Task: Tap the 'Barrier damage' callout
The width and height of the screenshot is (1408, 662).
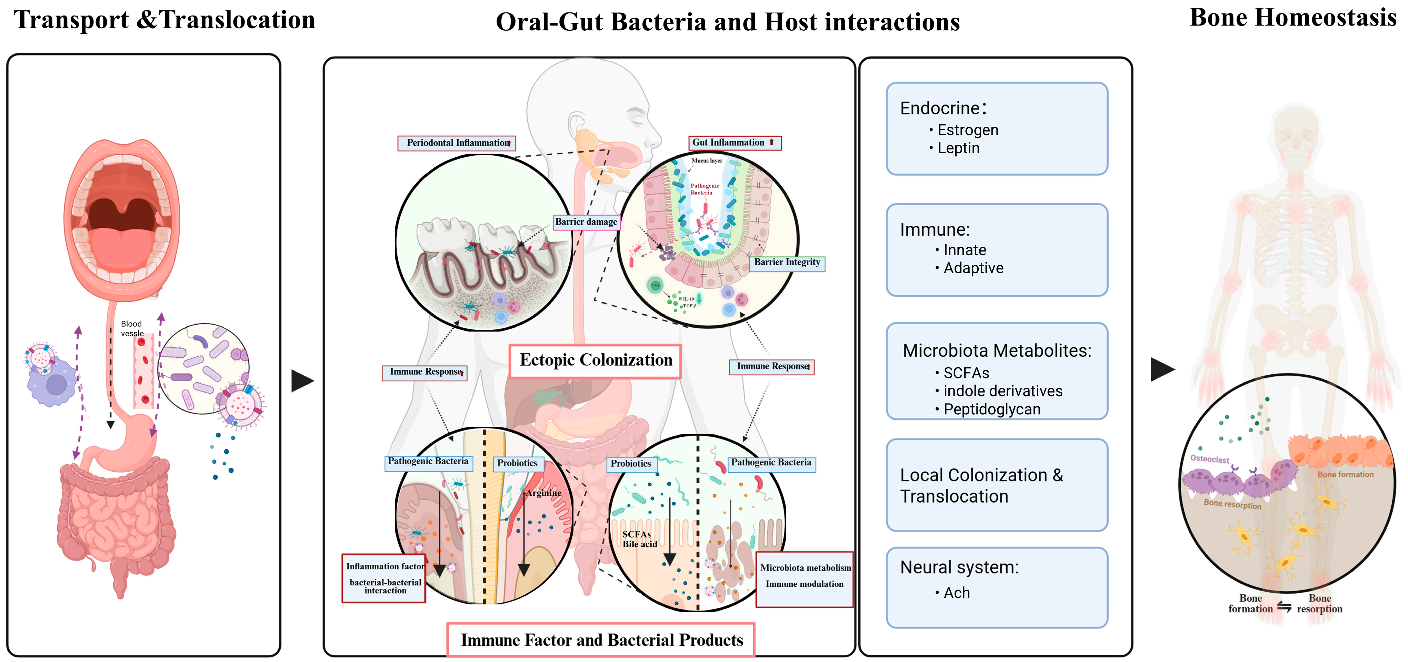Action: point(586,222)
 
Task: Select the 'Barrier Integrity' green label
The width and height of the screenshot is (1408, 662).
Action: point(787,263)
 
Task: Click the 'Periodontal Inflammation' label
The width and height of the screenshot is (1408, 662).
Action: point(457,143)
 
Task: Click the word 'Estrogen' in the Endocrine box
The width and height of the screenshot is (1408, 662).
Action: point(967,130)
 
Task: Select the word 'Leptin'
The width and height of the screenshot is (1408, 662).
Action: point(958,148)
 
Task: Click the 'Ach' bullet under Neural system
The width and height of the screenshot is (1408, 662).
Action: point(957,593)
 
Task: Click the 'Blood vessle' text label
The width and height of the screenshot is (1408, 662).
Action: point(132,328)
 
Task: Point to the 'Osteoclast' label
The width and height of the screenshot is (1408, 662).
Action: point(1210,459)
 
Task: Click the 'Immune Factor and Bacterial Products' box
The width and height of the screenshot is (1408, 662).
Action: point(601,640)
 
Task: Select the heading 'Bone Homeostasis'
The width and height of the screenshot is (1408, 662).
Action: point(1293,18)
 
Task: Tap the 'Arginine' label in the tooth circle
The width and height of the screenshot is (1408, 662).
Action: point(543,493)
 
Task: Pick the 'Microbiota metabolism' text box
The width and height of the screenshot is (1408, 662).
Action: point(805,568)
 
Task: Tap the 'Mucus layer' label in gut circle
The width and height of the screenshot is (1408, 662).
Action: point(707,161)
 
